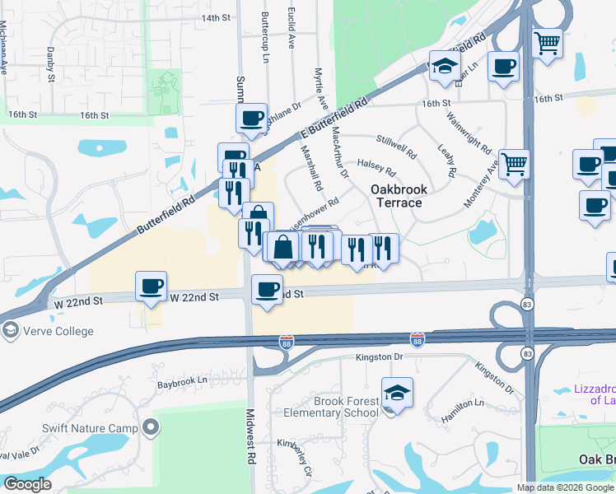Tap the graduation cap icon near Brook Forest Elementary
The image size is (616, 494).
pos(397,392)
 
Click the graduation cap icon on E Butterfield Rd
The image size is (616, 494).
pos(445,67)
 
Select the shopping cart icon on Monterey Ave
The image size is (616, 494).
pos(515,163)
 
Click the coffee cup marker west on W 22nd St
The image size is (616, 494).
pos(151,287)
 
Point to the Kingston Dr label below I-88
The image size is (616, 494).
pos(380,357)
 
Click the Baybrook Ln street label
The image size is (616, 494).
pos(183,383)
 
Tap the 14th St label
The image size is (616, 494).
pos(216,17)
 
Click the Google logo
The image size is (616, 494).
pos(26,484)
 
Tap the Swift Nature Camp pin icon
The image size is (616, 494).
pos(150,426)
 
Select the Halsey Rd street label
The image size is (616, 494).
pos(378,167)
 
